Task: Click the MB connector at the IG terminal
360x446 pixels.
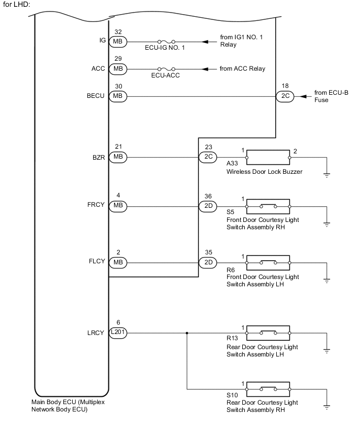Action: click(x=118, y=41)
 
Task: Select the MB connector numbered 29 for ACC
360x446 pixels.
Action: click(x=118, y=69)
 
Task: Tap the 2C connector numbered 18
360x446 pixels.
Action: click(x=286, y=96)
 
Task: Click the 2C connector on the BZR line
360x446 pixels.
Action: click(x=207, y=157)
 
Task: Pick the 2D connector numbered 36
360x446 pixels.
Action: click(x=207, y=207)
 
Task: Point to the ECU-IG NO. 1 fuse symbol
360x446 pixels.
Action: click(x=165, y=41)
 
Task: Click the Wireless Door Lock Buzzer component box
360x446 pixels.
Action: click(x=268, y=157)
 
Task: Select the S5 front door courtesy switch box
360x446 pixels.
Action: click(x=268, y=207)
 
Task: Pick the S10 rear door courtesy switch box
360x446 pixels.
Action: click(x=268, y=389)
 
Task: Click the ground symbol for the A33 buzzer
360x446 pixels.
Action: click(x=327, y=175)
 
